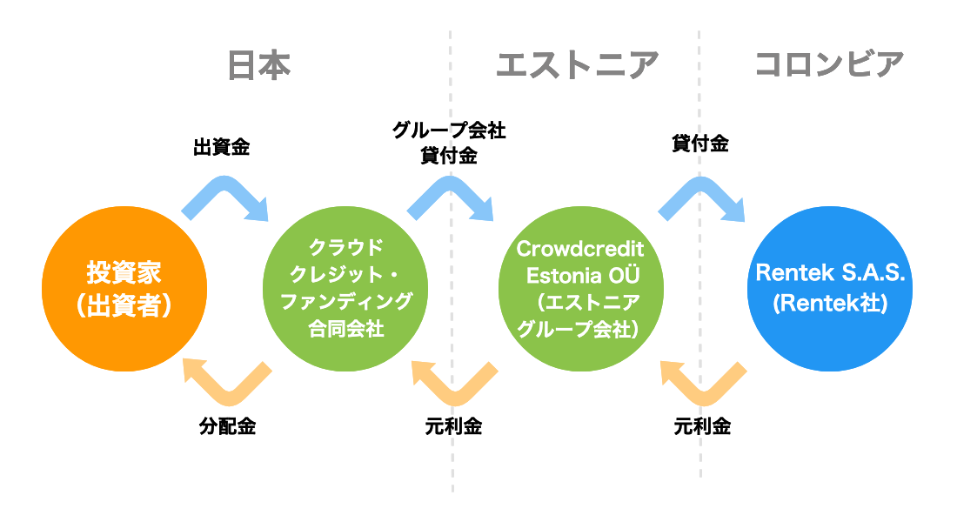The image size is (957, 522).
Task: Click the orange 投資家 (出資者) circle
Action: click(124, 289)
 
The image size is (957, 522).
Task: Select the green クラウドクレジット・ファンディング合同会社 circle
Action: click(345, 289)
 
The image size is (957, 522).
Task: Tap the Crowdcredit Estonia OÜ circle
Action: click(581, 289)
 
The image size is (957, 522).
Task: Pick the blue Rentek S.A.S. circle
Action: click(830, 289)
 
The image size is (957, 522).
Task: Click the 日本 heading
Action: click(258, 65)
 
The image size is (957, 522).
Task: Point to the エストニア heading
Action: click(578, 65)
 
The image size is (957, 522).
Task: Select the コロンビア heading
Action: click(829, 64)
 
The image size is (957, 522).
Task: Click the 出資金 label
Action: click(222, 147)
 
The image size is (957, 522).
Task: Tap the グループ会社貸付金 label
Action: click(449, 143)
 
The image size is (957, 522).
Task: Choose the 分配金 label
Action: click(227, 426)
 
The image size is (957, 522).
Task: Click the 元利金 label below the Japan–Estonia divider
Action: click(453, 426)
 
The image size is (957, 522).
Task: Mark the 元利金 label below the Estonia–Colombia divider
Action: click(702, 426)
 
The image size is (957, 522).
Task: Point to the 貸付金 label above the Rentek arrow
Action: click(700, 144)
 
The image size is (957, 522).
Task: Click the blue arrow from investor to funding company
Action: click(224, 184)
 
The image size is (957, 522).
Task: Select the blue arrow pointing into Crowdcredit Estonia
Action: click(451, 184)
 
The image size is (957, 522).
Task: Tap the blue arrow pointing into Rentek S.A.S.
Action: click(701, 185)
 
